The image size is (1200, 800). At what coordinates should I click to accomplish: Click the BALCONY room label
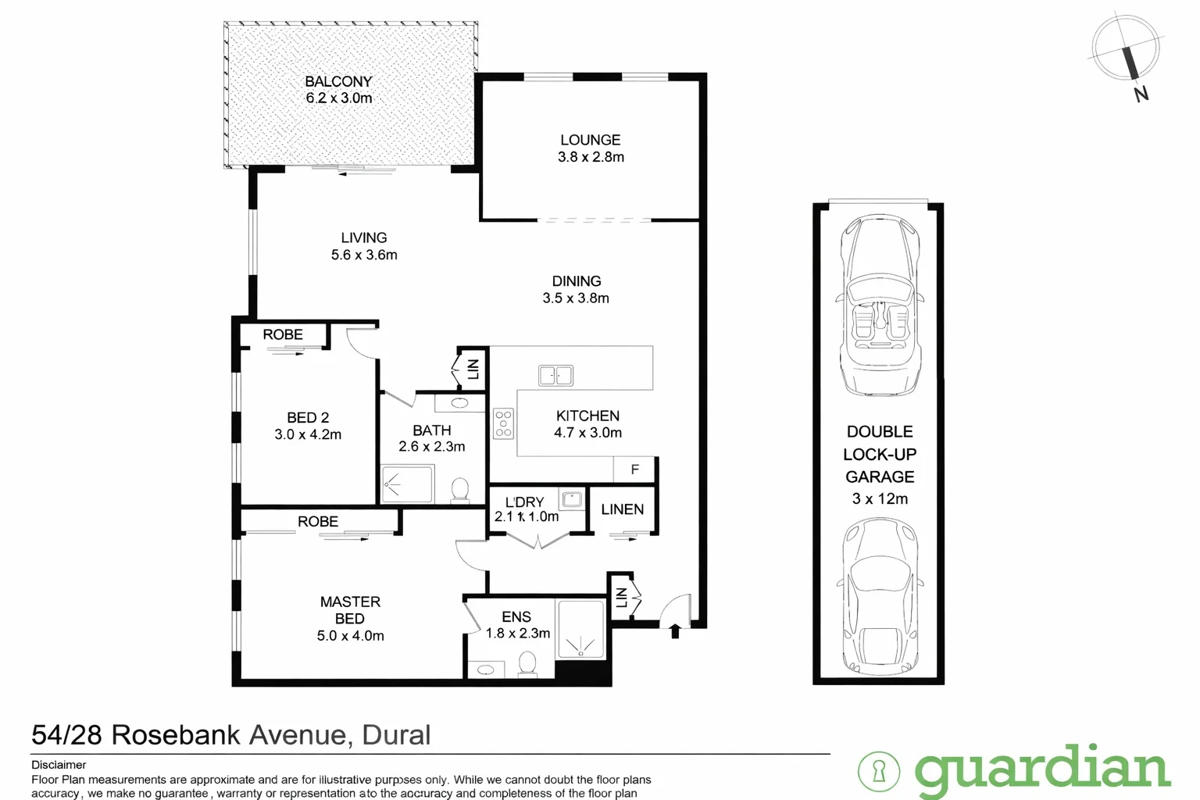338,81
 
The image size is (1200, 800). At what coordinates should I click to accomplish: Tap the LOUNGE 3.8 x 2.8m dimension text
591,157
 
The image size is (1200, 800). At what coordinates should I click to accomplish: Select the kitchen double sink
555,376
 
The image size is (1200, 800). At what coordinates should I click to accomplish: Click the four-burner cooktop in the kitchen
503,423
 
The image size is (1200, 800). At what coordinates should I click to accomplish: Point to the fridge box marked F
634,470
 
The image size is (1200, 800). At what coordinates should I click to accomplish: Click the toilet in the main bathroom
460,490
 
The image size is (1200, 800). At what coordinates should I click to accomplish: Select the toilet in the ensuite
527,664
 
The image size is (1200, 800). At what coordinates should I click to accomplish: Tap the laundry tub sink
571,498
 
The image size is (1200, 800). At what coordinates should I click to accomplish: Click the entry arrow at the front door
675,630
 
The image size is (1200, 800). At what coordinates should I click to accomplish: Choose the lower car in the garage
880,598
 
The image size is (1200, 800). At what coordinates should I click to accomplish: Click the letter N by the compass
1141,95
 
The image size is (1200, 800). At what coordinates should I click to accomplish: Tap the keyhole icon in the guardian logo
878,771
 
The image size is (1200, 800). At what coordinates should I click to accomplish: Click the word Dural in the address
396,735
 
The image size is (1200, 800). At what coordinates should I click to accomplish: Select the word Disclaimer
59,765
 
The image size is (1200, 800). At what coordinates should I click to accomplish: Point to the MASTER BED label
350,610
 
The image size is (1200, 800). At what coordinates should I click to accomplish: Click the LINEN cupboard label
623,509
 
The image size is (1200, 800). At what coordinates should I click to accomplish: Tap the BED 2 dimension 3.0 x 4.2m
308,434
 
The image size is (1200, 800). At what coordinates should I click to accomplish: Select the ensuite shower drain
580,647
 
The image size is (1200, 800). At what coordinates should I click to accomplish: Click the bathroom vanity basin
460,403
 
